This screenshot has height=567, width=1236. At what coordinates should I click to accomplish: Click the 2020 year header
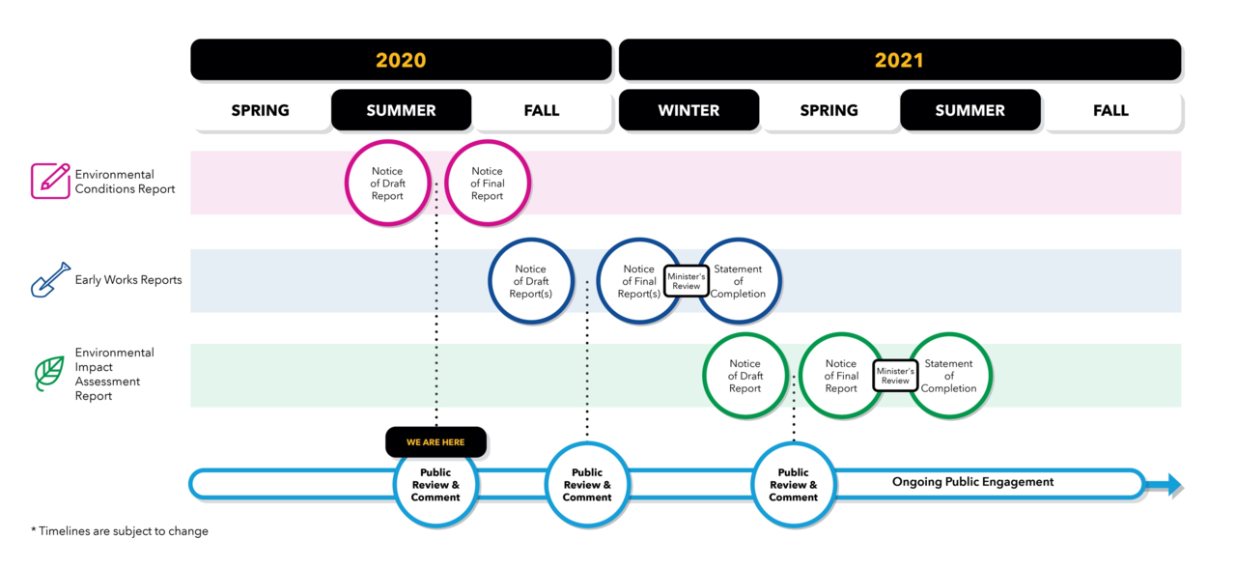pos(401,60)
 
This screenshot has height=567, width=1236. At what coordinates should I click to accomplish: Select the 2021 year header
pos(899,60)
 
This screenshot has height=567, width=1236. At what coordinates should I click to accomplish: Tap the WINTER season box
pos(688,110)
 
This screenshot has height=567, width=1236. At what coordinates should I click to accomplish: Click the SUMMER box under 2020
pos(401,110)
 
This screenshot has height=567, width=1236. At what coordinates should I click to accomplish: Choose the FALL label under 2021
pos(1110,110)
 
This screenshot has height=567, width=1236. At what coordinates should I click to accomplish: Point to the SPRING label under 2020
pos(261,110)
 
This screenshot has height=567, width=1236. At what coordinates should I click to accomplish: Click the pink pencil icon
pos(50,182)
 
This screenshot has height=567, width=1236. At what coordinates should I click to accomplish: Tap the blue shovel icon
pos(50,280)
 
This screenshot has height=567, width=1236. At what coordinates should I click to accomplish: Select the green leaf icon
pos(49,374)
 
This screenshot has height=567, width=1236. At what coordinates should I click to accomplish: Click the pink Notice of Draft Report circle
pos(387,184)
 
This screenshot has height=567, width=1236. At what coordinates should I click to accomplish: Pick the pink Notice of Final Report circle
pos(488,184)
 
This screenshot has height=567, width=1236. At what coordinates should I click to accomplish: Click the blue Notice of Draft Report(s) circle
pos(530,281)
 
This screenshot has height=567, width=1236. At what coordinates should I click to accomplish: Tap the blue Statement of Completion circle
pos(740,281)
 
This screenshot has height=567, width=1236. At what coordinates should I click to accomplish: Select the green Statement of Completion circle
pos(949,376)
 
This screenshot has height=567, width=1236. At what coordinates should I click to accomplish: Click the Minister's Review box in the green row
pos(895,376)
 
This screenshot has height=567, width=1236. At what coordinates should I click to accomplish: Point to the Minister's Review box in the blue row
pos(687,281)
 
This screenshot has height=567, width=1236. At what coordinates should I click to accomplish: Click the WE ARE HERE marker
pos(435,442)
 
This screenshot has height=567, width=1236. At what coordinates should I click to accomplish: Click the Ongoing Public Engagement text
pos(972,482)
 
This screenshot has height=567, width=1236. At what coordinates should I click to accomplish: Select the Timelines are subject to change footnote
pos(120,531)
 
